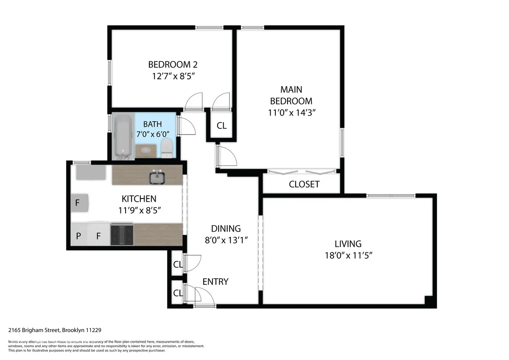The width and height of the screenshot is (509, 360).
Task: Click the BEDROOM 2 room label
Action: (173, 65)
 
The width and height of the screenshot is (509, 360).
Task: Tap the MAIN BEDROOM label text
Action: (291, 95)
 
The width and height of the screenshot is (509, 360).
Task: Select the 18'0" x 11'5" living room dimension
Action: (348, 255)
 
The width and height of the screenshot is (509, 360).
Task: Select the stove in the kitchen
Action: (122, 235)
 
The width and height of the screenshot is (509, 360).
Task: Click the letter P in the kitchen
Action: (78, 236)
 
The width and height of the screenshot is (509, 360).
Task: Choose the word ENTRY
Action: (215, 282)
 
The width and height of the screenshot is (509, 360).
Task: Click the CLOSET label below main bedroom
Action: (304, 184)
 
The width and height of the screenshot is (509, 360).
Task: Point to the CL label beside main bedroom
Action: (221, 126)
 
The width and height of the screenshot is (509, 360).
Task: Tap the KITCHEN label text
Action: (139, 198)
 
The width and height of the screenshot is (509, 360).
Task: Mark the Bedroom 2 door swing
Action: (193, 102)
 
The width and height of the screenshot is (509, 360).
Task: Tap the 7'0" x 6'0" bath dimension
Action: (152, 134)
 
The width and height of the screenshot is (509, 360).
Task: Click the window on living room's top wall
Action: (391, 195)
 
